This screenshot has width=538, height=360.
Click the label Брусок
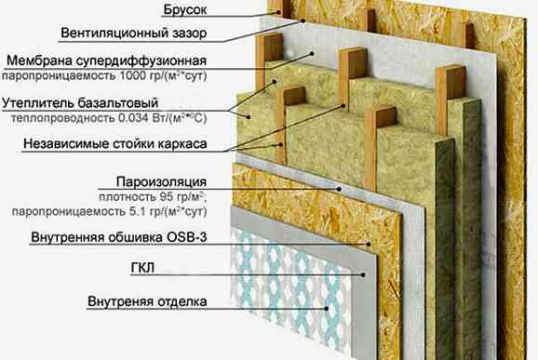(185, 9)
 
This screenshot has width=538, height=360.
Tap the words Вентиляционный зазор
(134, 33)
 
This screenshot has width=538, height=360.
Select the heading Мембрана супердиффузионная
(107, 60)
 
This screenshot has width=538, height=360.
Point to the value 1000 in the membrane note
(133, 75)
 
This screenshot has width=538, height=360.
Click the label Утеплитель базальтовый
(80, 103)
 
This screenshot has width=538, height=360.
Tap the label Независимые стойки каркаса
(115, 143)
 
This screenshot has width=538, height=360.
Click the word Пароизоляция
(161, 181)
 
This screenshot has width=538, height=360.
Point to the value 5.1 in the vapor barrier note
(136, 211)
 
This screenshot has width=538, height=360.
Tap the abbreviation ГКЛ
(142, 268)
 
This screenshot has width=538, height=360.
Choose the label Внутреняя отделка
(147, 301)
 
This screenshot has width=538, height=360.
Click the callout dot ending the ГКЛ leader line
(363, 274)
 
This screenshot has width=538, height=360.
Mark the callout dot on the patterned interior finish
(327, 309)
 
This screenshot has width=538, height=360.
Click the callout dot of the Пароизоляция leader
(339, 189)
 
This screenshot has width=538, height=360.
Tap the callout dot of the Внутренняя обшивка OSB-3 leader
(369, 244)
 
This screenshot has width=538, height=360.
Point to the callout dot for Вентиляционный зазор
(303, 20)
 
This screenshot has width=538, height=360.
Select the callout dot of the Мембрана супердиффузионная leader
(312, 53)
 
